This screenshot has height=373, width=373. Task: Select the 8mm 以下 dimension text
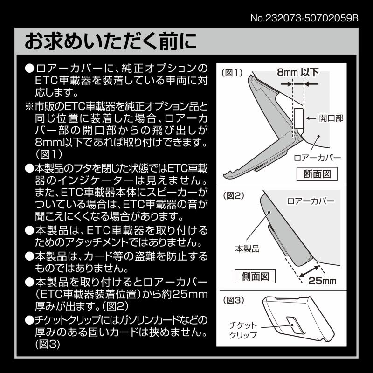(x=298, y=72)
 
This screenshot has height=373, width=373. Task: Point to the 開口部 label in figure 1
(x=331, y=118)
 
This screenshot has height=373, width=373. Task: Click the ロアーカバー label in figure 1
(x=318, y=158)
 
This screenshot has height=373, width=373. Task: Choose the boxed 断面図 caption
(x=317, y=174)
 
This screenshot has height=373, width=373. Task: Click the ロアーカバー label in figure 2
(x=311, y=202)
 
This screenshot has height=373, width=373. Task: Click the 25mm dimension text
(x=322, y=281)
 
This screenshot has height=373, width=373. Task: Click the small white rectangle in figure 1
(x=299, y=118)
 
